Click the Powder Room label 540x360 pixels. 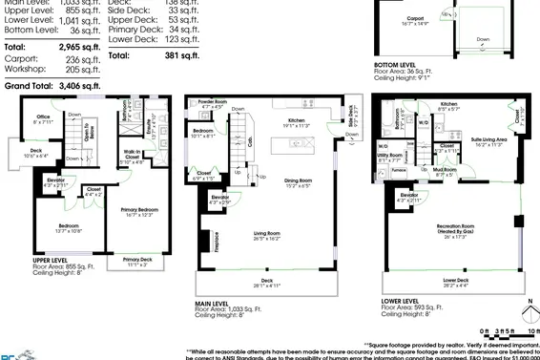(212, 101)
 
